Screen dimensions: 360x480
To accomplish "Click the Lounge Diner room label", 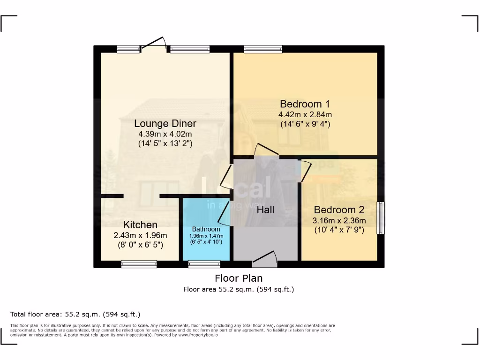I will click(x=165, y=124).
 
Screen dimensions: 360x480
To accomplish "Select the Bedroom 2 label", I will click(x=339, y=210).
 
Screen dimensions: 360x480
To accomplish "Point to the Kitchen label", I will click(x=140, y=225).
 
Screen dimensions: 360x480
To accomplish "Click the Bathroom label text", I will click(x=206, y=229).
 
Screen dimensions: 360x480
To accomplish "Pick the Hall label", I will click(x=265, y=210).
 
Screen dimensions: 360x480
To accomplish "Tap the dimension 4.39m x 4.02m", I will click(x=165, y=134).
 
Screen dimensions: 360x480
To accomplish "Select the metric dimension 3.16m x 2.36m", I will click(x=339, y=220).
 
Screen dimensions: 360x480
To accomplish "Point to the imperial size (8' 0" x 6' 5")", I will click(x=140, y=244).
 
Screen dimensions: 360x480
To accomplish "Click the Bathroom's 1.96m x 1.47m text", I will click(x=206, y=236).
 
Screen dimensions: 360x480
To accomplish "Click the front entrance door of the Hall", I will click(x=264, y=258).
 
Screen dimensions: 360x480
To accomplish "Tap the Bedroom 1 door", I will click(x=266, y=150).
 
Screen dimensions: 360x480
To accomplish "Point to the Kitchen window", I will click(x=139, y=264).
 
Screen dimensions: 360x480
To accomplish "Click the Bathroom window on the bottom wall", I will click(x=204, y=264).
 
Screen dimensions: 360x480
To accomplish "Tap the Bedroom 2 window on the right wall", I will click(x=381, y=218).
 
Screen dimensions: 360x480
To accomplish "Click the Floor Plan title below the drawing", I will click(x=239, y=278).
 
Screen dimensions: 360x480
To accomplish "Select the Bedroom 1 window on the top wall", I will click(x=263, y=49).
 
